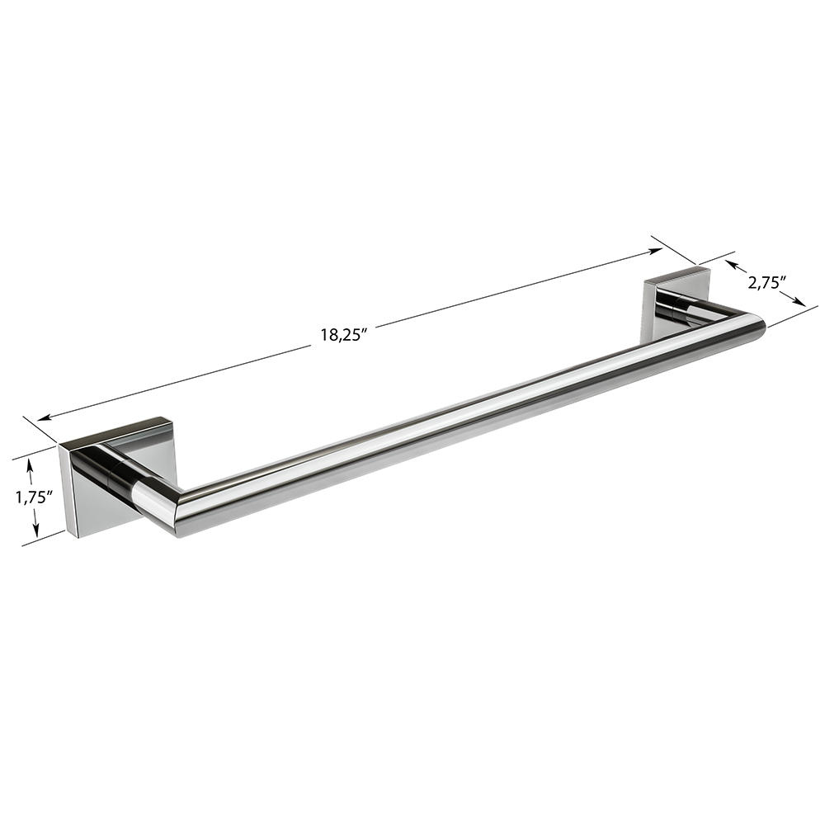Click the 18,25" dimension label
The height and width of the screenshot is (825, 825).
coord(343,335)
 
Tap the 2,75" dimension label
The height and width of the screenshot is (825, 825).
coord(766,284)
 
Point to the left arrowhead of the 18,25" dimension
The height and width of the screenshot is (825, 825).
coord(45,417)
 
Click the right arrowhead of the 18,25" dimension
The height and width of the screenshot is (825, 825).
coord(656,251)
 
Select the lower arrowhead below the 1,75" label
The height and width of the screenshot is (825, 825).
coord(35,530)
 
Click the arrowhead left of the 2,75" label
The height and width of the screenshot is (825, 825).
coord(730,263)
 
